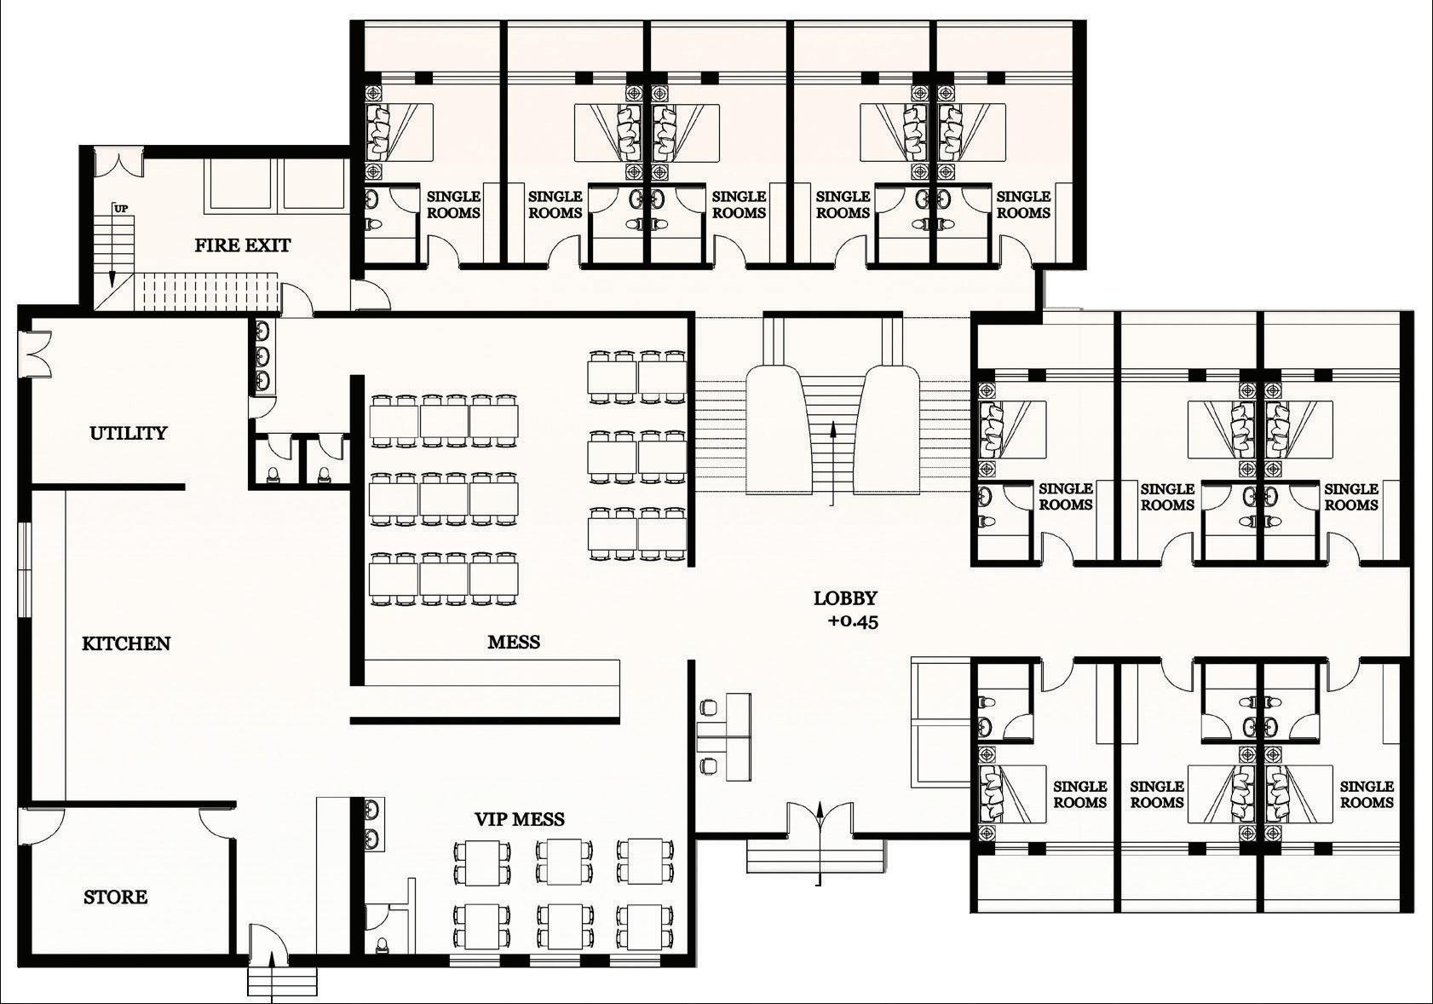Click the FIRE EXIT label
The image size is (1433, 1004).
(x=243, y=245)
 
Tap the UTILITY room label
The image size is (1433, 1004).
(x=128, y=433)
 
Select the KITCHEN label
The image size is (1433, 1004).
(x=126, y=643)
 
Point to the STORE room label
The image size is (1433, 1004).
(x=115, y=897)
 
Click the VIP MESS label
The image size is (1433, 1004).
(x=520, y=819)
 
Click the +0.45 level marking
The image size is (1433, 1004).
(x=853, y=621)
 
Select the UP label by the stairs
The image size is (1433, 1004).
(x=120, y=209)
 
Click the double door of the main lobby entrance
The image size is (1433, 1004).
(x=819, y=818)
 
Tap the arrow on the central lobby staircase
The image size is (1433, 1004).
(x=832, y=464)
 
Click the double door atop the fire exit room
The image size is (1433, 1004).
(x=114, y=163)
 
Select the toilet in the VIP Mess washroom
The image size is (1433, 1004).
(x=382, y=946)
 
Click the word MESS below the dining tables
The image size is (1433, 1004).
(x=514, y=642)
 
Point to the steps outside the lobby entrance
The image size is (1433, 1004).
(x=816, y=856)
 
